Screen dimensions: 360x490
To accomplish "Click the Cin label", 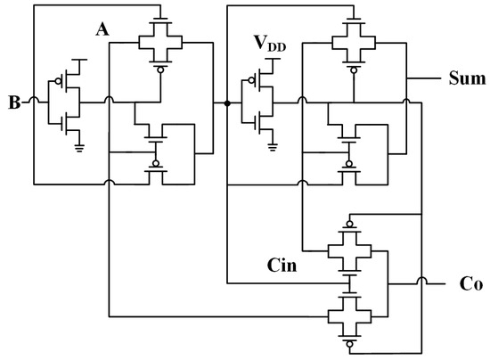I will pos(283,266).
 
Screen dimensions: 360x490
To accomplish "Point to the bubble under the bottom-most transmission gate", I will pos(349,340).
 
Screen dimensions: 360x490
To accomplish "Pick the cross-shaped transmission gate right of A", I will pos(158,41).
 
